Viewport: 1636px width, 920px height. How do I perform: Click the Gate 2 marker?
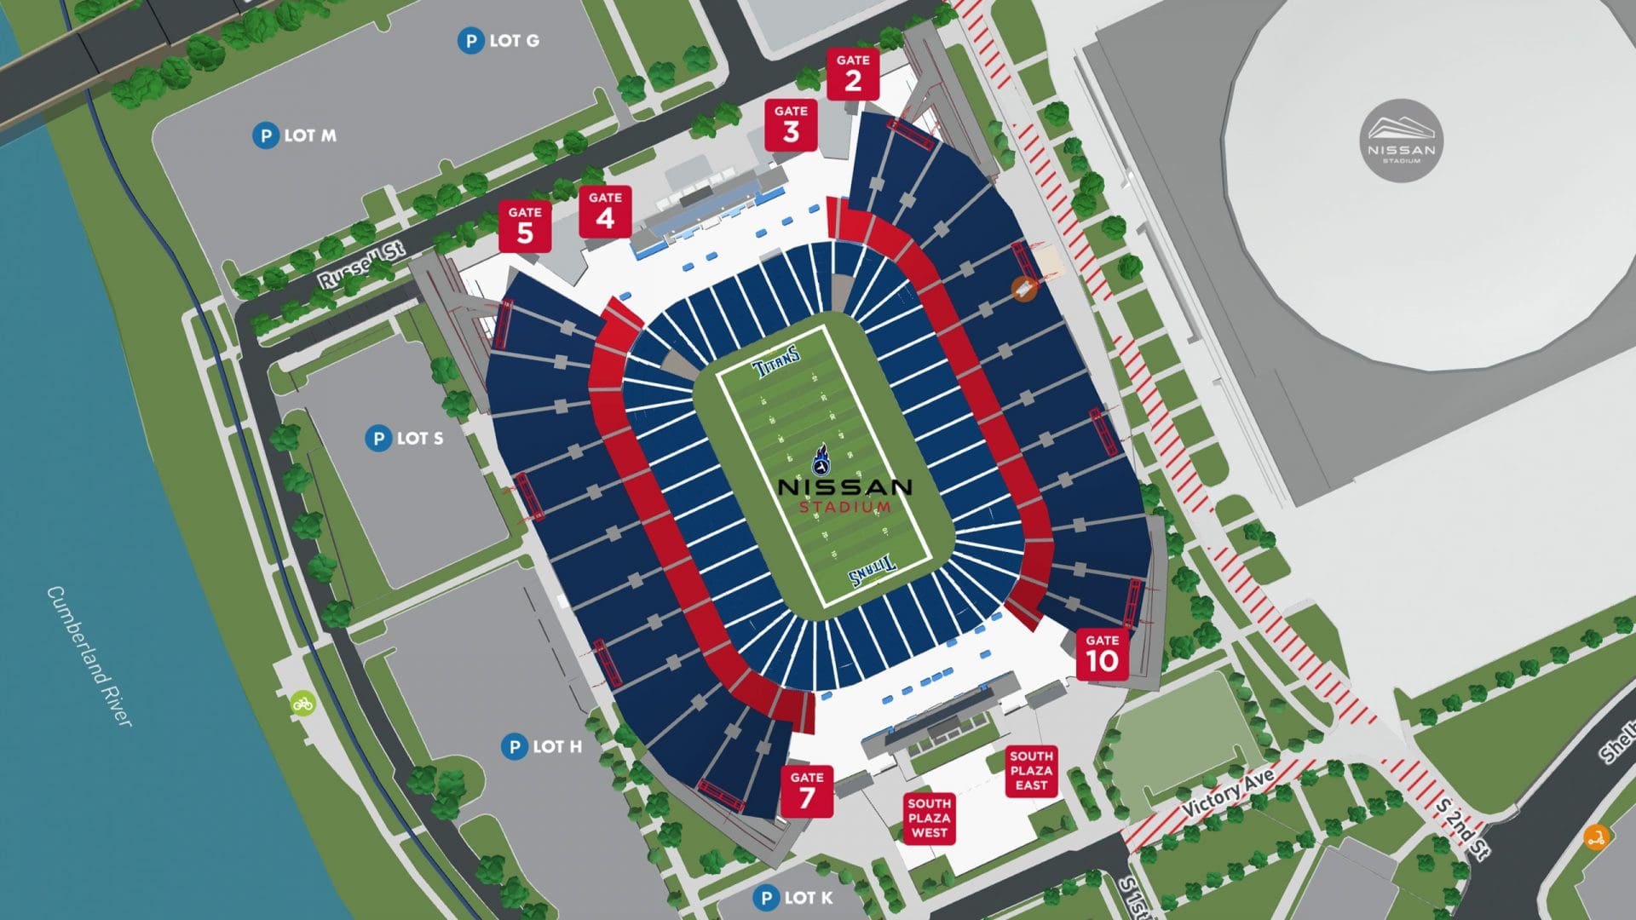pyautogui.click(x=852, y=74)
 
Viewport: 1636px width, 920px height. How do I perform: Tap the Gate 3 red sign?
pyautogui.click(x=791, y=125)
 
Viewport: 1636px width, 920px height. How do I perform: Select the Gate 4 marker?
pyautogui.click(x=605, y=212)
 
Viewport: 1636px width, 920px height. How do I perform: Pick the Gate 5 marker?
pyautogui.click(x=525, y=227)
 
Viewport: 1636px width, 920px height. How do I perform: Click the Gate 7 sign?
pyautogui.click(x=806, y=791)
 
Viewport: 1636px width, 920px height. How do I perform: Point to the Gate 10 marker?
pyautogui.click(x=1102, y=654)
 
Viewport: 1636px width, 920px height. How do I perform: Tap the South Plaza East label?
pyautogui.click(x=1031, y=771)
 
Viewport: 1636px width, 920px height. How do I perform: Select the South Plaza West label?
pyautogui.click(x=929, y=818)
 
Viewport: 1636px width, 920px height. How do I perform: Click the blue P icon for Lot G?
pyautogui.click(x=470, y=40)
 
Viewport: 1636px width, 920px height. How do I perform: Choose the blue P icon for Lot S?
pyautogui.click(x=378, y=439)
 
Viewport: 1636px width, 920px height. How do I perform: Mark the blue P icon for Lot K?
pyautogui.click(x=766, y=898)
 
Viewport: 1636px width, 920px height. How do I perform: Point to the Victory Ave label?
pyautogui.click(x=1228, y=792)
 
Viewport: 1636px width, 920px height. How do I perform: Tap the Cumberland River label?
pyautogui.click(x=89, y=656)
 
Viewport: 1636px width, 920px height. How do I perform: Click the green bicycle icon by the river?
pyautogui.click(x=302, y=704)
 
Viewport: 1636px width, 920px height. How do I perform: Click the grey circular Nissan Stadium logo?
pyautogui.click(x=1402, y=141)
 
